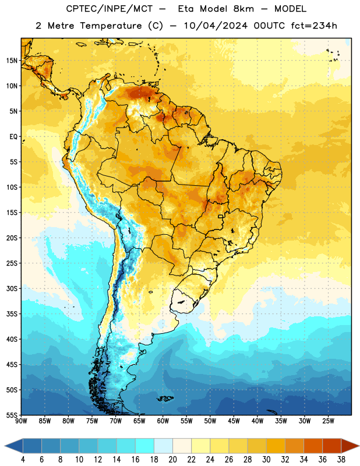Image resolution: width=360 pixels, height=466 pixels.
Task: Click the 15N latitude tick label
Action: tap(12, 61)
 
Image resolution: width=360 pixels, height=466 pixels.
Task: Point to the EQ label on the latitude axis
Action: tap(13, 137)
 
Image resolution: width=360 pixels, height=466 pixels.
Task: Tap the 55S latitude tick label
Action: tap(12, 415)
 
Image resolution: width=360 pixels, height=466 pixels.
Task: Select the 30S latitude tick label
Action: tap(12, 288)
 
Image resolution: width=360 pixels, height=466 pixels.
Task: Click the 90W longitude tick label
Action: tap(21, 421)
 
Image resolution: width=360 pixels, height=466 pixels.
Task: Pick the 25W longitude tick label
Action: tap(328, 421)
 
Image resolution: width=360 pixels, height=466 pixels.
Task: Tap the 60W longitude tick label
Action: tap(163, 421)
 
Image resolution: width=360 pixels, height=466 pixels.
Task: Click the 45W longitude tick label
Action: tap(234, 421)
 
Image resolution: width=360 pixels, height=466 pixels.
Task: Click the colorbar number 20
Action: tap(172, 460)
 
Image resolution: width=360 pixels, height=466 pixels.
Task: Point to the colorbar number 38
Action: tap(341, 460)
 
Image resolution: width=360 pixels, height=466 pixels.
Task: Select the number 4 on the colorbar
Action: tap(23, 460)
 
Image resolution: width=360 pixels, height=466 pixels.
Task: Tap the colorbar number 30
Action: tap(266, 460)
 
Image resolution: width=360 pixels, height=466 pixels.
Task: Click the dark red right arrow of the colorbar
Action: tap(350, 446)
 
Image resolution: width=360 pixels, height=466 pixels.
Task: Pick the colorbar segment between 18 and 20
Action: tap(163, 446)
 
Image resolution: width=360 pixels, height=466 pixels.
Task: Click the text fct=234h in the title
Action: tap(314, 26)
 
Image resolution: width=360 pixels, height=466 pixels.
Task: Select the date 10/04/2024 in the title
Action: tap(216, 26)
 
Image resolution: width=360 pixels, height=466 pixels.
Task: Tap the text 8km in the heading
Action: tap(243, 9)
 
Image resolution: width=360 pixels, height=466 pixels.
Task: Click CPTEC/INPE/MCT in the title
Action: tap(109, 9)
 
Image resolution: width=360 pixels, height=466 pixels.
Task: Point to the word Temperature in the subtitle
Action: tap(111, 26)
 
